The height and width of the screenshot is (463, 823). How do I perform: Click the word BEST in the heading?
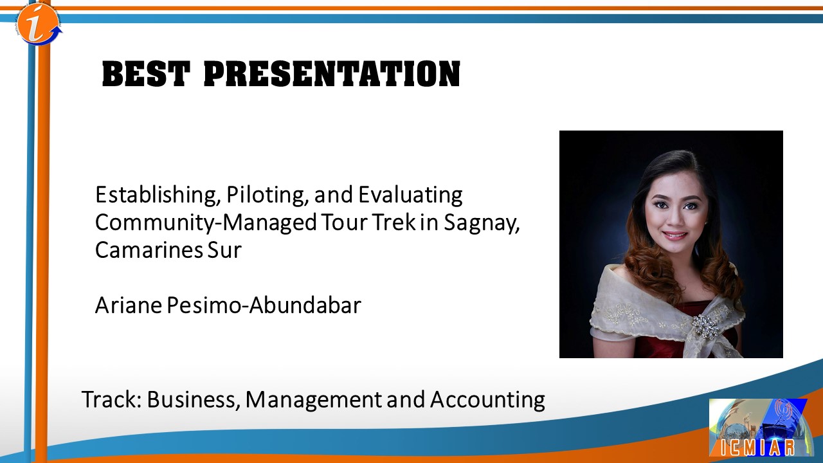click(146, 74)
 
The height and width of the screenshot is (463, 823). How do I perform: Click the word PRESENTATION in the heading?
click(332, 74)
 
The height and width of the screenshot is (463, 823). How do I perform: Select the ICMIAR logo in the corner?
click(761, 428)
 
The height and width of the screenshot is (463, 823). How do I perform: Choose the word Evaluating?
click(410, 195)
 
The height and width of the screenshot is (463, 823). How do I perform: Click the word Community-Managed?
click(206, 222)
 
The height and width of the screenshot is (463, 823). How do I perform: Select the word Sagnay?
click(482, 223)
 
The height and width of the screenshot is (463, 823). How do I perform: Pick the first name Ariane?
click(129, 305)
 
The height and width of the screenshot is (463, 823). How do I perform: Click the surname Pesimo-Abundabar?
click(264, 305)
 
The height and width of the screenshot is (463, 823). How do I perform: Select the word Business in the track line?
click(191, 400)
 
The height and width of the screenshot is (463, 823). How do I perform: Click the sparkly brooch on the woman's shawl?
click(704, 327)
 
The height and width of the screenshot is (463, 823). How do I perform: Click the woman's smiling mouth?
click(675, 235)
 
